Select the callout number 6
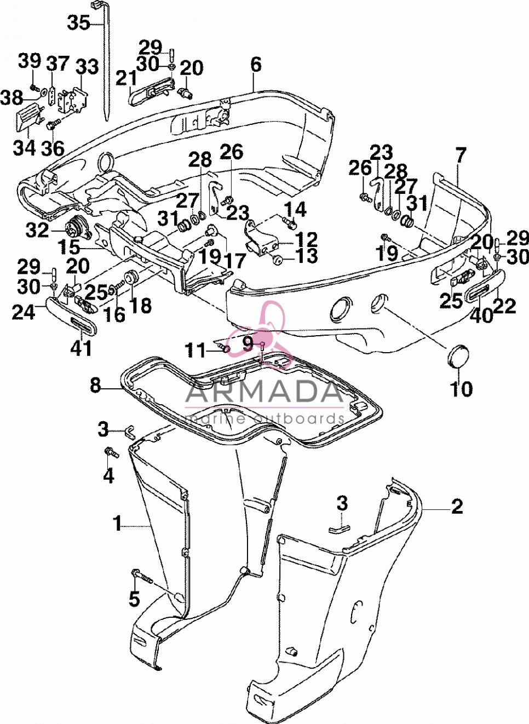(256, 65)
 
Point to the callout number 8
(96, 386)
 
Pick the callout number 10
(461, 389)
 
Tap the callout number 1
(117, 524)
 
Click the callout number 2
(457, 506)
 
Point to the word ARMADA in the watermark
(264, 392)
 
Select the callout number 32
(37, 230)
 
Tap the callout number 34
(24, 148)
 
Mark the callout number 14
(295, 209)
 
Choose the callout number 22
(504, 306)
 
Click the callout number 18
(141, 306)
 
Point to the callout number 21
(126, 78)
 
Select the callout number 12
(306, 239)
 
